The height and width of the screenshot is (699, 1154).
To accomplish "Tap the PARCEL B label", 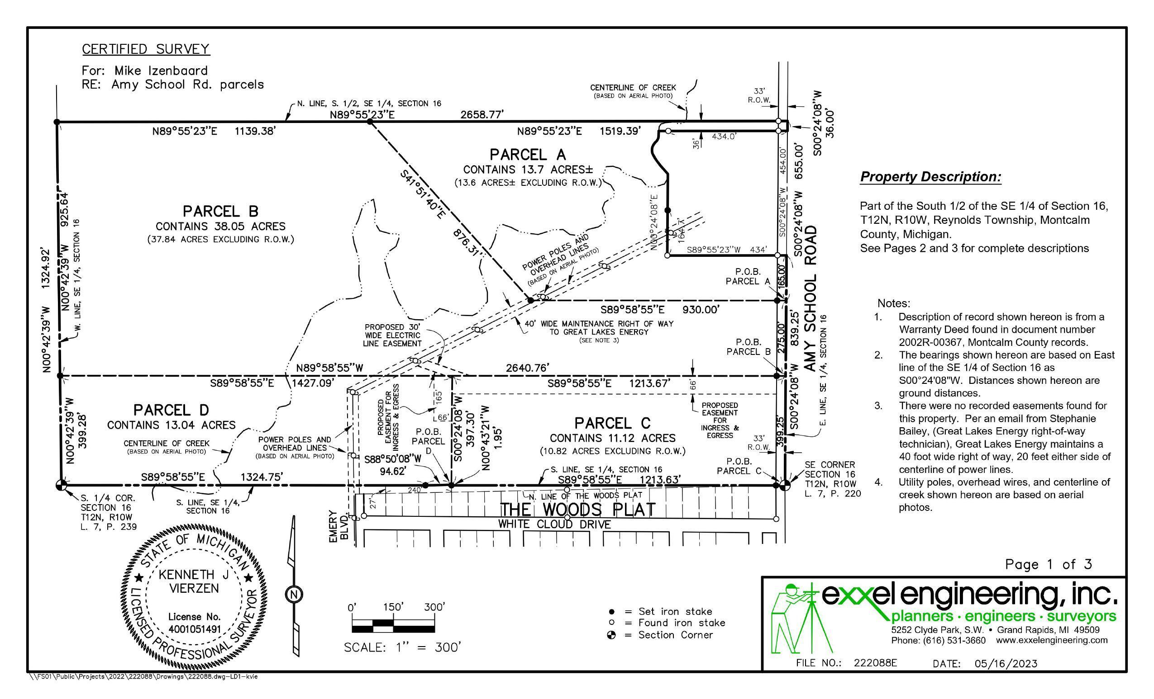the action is pyautogui.click(x=220, y=211).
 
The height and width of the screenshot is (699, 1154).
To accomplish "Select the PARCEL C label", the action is pyautogui.click(x=613, y=423).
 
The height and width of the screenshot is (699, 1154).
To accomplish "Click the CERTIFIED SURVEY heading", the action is pyautogui.click(x=146, y=49).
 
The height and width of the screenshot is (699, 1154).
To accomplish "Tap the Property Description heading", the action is pyautogui.click(x=931, y=177).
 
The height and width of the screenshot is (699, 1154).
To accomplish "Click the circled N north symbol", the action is pyautogui.click(x=294, y=595).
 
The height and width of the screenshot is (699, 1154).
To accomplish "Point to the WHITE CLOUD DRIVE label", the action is pyautogui.click(x=554, y=524).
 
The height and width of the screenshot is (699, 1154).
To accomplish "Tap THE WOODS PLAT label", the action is pyautogui.click(x=578, y=510).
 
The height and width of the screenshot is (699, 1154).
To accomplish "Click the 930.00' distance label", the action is pyautogui.click(x=701, y=309).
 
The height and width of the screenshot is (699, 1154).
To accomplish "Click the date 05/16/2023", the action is pyautogui.click(x=1006, y=663).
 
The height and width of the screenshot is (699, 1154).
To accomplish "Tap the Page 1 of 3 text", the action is pyautogui.click(x=1049, y=564).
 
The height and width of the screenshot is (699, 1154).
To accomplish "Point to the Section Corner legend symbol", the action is pyautogui.click(x=611, y=635).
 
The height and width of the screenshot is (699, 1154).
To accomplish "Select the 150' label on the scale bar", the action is pyautogui.click(x=393, y=607).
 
